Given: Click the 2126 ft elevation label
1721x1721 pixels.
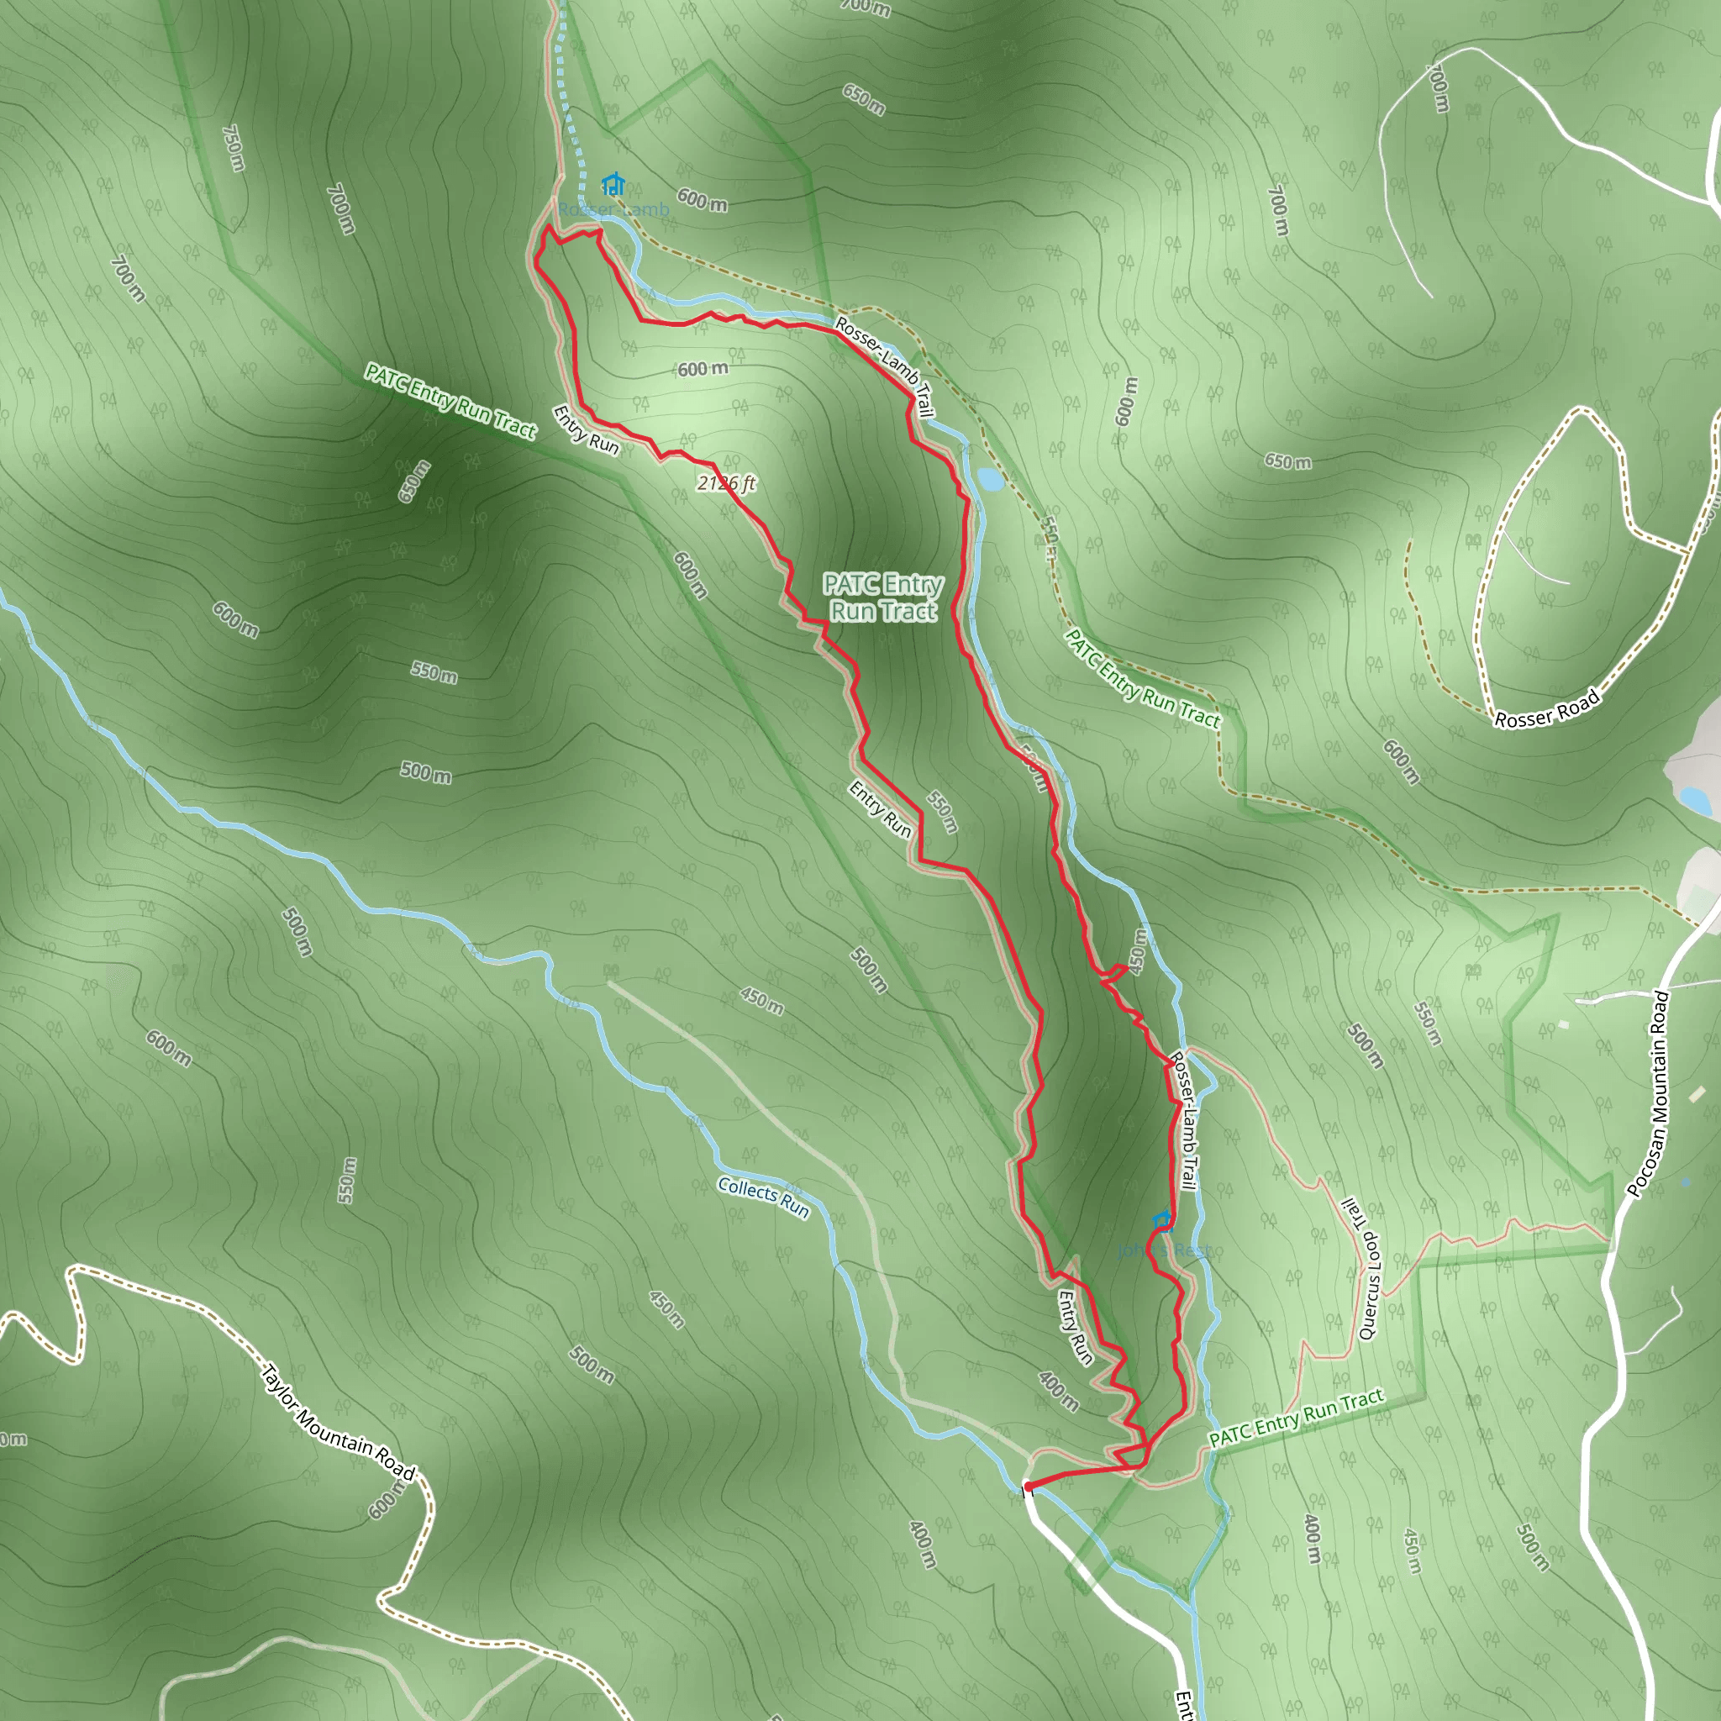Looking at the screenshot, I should tap(726, 484).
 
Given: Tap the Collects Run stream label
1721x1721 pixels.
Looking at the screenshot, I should tap(763, 1197).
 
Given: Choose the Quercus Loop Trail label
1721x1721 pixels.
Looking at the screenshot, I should tap(1362, 1270).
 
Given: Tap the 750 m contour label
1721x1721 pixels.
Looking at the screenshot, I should tap(233, 148).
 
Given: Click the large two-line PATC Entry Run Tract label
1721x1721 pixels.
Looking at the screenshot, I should tap(883, 597).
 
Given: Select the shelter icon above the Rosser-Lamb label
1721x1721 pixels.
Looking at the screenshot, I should tap(612, 184).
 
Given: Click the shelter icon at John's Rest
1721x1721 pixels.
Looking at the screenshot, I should tap(1161, 1219).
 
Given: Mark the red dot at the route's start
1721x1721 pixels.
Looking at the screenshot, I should tap(1027, 1487).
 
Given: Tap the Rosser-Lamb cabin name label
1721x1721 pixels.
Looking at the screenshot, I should tap(613, 210).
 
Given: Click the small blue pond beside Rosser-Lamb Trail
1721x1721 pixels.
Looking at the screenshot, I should tap(990, 480).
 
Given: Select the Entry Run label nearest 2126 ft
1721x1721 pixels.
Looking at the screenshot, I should tap(585, 429).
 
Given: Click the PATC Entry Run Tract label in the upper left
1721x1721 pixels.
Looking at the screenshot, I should tap(450, 401).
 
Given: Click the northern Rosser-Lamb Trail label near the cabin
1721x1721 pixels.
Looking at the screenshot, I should tap(885, 367).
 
